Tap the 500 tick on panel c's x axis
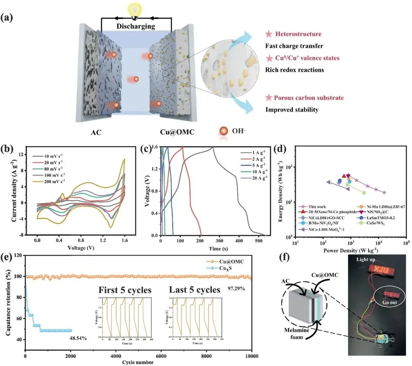tap(259, 241)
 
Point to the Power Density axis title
tap(350, 251)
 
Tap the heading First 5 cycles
tap(125, 290)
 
